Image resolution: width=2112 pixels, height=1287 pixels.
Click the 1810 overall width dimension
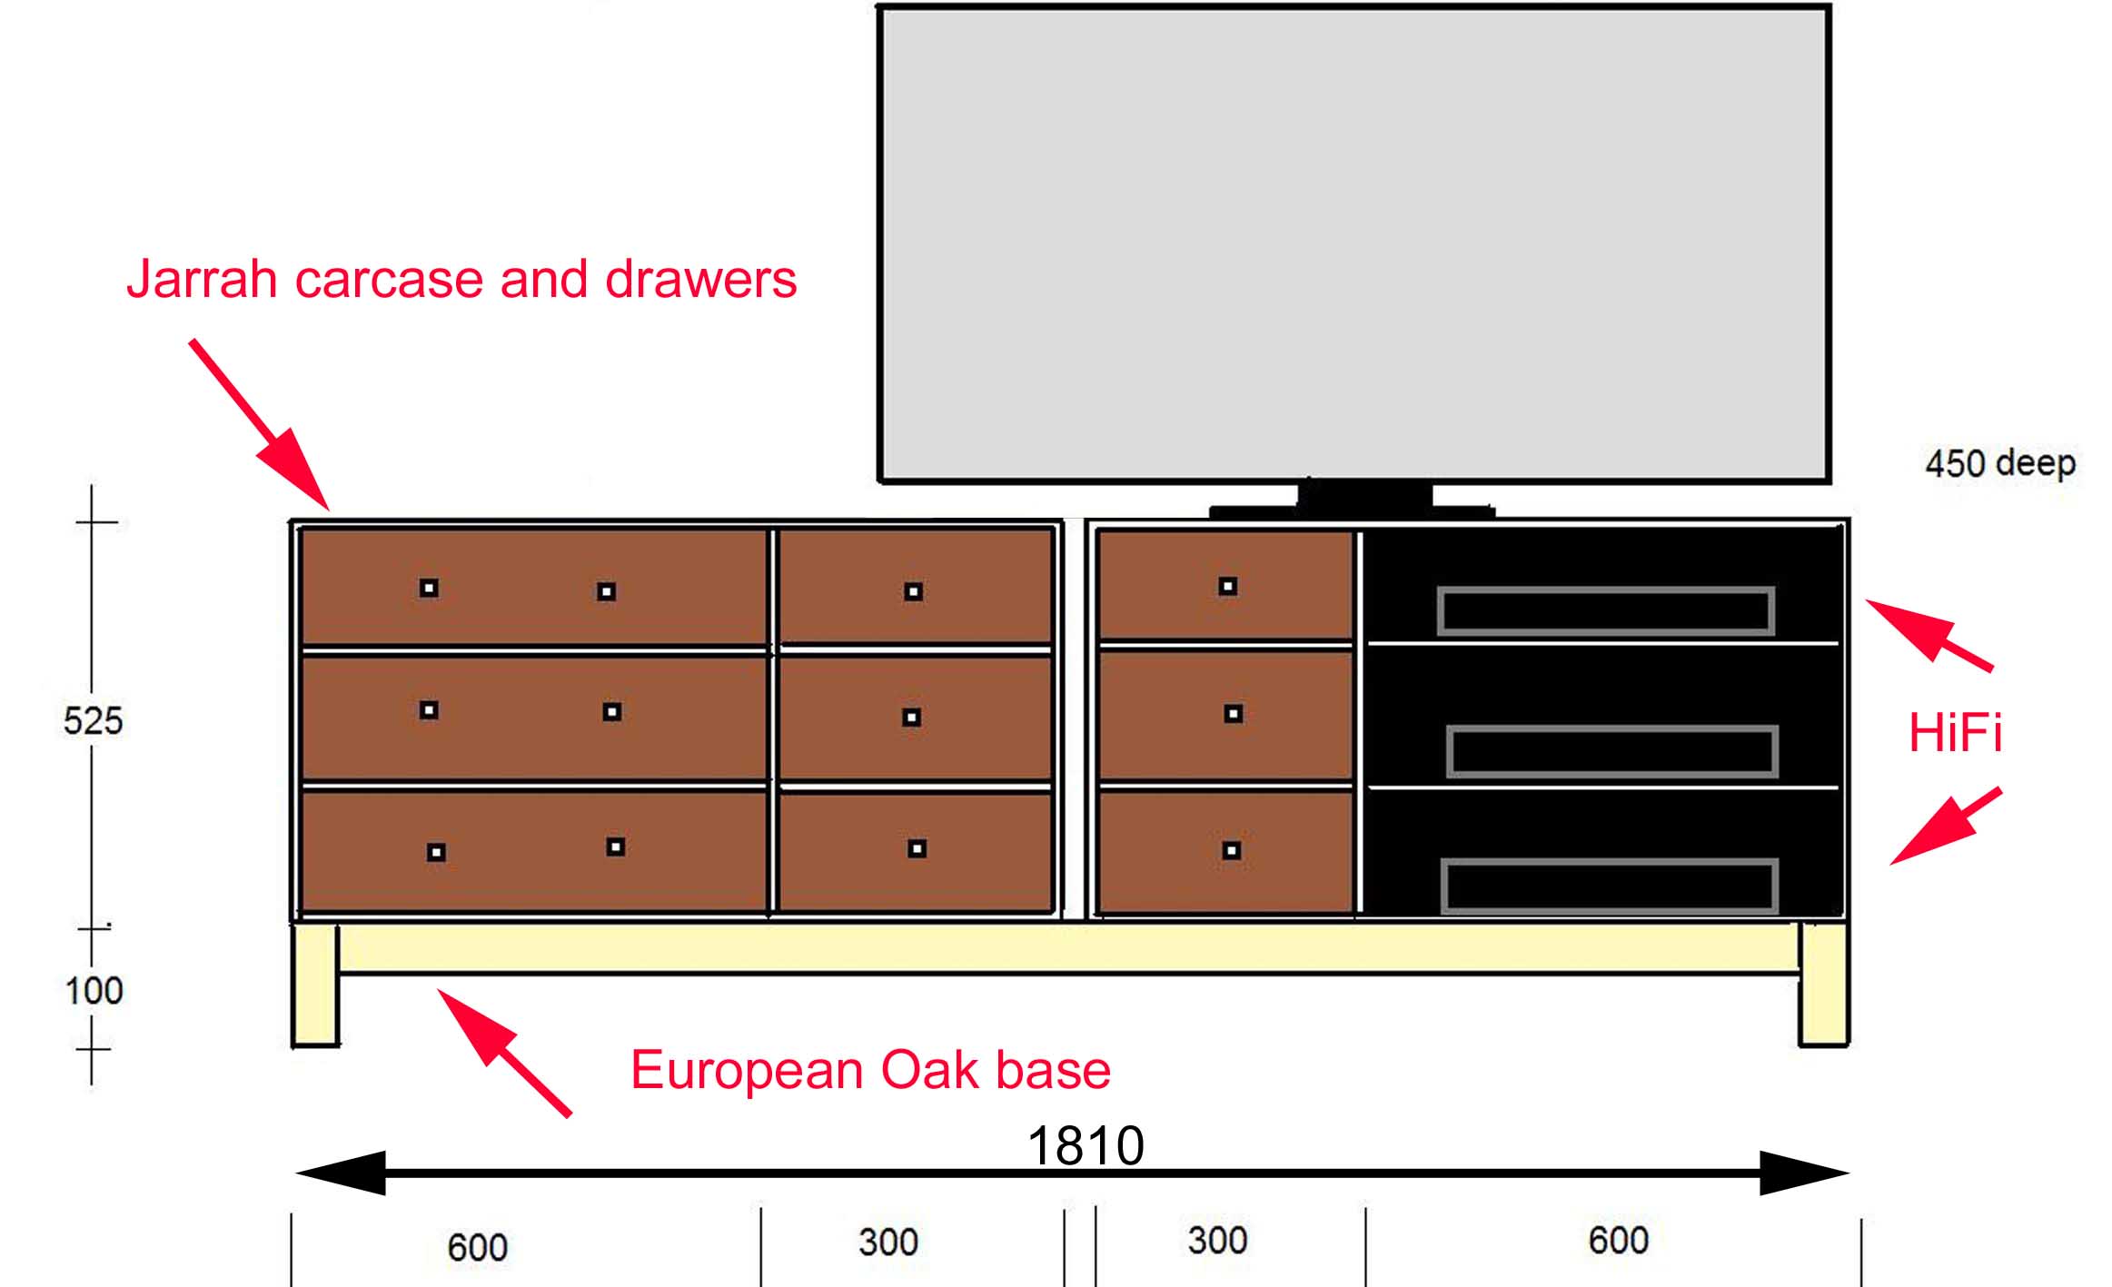[1086, 1145]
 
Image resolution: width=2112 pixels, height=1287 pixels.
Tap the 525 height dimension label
[93, 721]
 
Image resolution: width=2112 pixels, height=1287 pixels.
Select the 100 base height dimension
[94, 991]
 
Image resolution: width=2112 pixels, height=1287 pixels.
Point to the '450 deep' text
[2000, 464]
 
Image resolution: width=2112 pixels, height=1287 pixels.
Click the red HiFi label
[1955, 733]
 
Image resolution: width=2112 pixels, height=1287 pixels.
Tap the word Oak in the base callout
[931, 1070]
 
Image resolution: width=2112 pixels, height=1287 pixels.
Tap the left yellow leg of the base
[314, 985]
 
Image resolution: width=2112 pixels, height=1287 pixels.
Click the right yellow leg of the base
[1823, 985]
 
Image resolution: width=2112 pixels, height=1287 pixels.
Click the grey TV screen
[1353, 244]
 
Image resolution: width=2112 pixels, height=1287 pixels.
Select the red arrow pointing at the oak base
[504, 1053]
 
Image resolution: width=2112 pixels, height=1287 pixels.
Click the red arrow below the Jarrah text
[259, 424]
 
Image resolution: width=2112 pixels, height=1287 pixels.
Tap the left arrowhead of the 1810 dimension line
[341, 1173]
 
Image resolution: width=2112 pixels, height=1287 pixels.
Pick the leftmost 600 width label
[477, 1248]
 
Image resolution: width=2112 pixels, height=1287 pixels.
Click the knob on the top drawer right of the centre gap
[1227, 587]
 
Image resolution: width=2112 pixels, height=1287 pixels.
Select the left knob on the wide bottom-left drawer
[436, 852]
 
